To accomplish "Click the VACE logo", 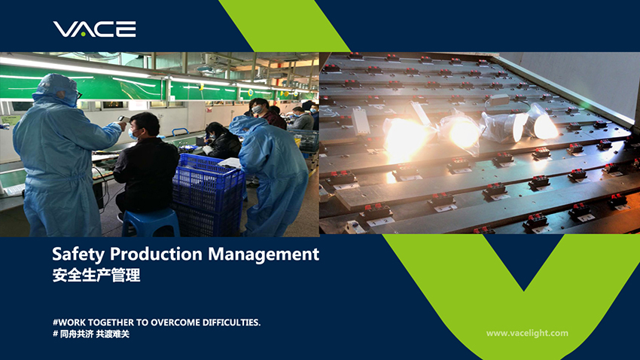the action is [94, 29].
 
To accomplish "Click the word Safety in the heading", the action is [78, 255].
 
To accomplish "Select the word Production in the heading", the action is [157, 254].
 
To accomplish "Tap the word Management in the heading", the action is [264, 254].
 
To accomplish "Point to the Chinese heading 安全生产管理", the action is [96, 275].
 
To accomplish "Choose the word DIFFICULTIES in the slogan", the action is [232, 322].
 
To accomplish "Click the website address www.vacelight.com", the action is [527, 333].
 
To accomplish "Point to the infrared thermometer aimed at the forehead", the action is [123, 119].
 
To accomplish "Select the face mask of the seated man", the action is [133, 134].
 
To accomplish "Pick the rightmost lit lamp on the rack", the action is [542, 124].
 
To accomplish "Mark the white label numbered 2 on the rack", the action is [382, 221].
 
